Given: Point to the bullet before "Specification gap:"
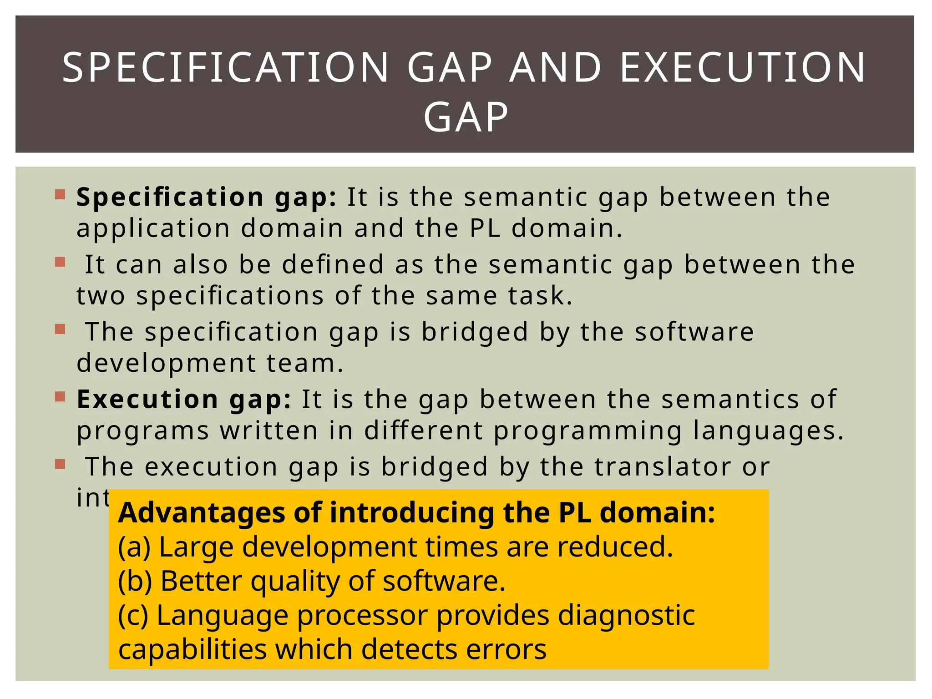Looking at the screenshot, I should pos(60,195).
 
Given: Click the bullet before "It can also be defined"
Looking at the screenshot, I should pos(60,262).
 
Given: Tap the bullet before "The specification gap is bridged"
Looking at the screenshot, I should pos(60,329).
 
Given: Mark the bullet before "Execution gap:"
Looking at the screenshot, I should pos(60,397).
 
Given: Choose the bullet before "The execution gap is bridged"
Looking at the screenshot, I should pos(60,464).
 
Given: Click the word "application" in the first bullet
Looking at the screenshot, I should pos(153,228).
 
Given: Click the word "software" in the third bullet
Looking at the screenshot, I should pos(694,331).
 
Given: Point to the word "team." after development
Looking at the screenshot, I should pos(305,363).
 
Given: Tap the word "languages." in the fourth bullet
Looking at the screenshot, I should pos(768,431).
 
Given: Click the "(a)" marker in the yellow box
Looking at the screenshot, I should pos(134,547).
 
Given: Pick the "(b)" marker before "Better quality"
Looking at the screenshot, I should pos(135,581).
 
